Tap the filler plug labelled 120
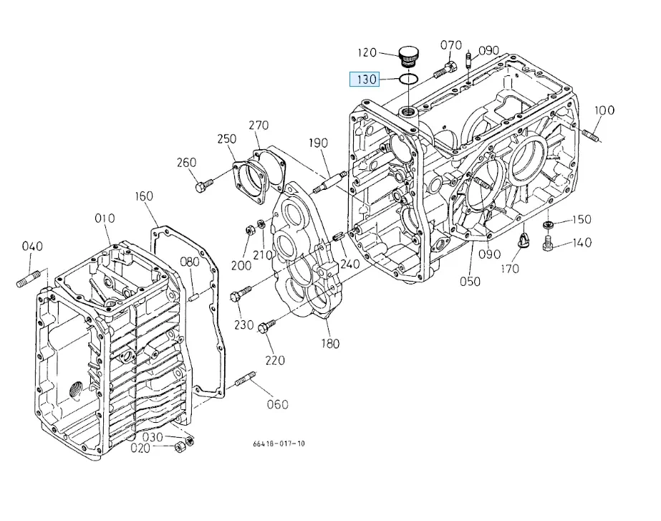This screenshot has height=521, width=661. pyautogui.click(x=408, y=57)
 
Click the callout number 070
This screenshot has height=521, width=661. pyautogui.click(x=450, y=45)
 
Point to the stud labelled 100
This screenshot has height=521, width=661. pyautogui.click(x=592, y=137)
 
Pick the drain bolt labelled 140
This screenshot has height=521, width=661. pyautogui.click(x=547, y=244)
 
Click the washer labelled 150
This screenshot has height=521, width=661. pyautogui.click(x=548, y=225)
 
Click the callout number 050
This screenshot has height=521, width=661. pyautogui.click(x=470, y=282)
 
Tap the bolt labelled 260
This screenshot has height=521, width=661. pyautogui.click(x=204, y=185)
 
